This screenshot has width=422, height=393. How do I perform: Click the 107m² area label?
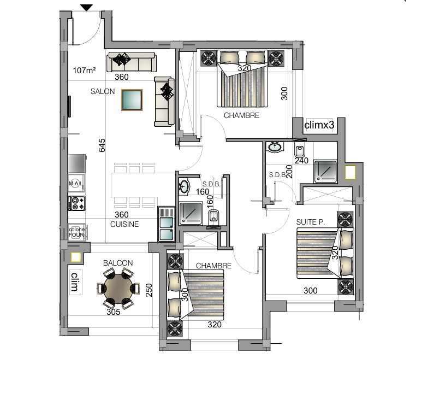[84, 71]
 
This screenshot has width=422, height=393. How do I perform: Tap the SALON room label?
[103, 92]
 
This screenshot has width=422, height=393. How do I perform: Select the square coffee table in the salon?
[132, 99]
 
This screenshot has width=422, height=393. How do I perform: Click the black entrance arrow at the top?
[86, 8]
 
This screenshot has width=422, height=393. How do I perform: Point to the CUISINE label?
[124, 224]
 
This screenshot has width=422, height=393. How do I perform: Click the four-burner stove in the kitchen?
[77, 203]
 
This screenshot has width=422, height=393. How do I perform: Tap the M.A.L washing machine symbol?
[76, 184]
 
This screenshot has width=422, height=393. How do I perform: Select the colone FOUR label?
[77, 232]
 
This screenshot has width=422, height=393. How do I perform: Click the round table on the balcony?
[118, 289]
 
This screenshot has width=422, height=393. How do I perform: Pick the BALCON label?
[118, 263]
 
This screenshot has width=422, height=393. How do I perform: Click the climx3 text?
[319, 125]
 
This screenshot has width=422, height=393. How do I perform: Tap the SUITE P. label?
[310, 222]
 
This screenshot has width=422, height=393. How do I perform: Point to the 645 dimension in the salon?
[102, 145]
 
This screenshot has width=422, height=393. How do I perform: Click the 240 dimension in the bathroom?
[301, 161]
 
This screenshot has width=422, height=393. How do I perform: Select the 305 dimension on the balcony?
[114, 312]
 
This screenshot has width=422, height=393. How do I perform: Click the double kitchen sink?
[166, 224]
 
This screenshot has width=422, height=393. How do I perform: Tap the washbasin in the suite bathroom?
[275, 147]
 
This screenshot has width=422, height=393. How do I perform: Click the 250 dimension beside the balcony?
[149, 290]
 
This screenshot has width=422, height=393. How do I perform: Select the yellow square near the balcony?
[76, 257]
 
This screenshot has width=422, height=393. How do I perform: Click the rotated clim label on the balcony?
[75, 282]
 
